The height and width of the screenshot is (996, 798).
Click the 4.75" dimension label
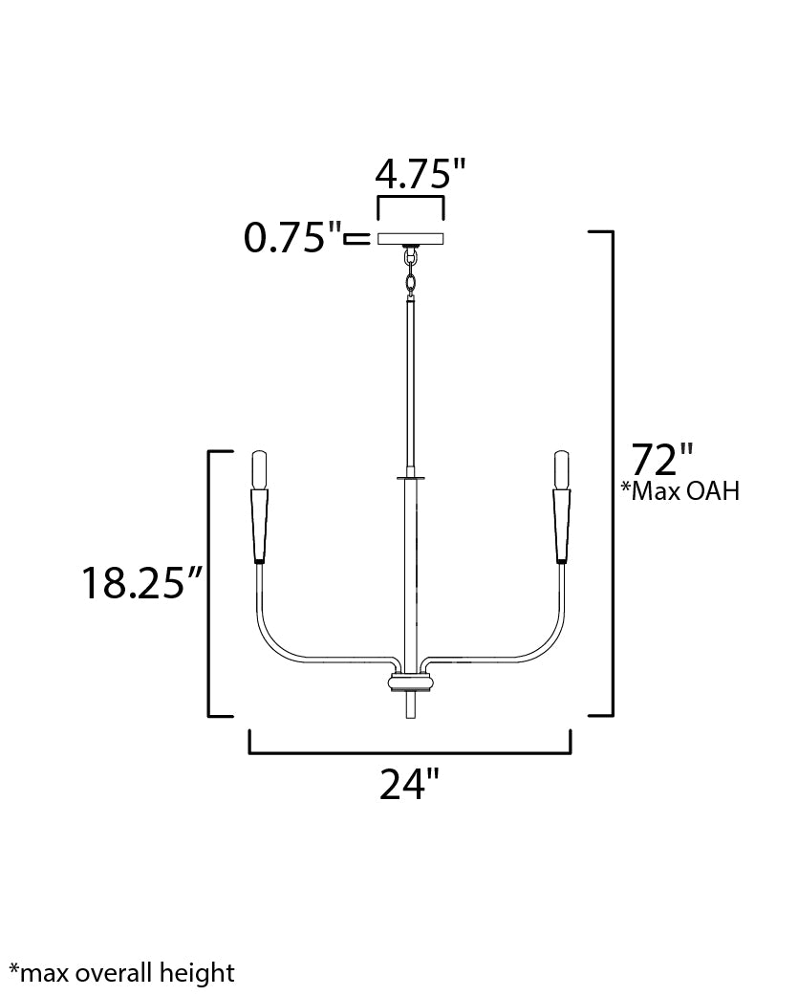pyautogui.click(x=420, y=175)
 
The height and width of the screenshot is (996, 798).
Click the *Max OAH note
pyautogui.click(x=679, y=492)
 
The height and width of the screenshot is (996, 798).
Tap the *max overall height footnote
pyautogui.click(x=121, y=973)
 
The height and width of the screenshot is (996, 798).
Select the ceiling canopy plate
pyautogui.click(x=411, y=238)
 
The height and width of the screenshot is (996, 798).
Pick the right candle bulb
pyautogui.click(x=562, y=469)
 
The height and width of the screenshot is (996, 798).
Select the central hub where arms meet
pyautogui.click(x=410, y=683)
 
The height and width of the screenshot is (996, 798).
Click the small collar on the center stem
pyautogui.click(x=410, y=475)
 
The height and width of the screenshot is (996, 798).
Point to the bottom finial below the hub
pyautogui.click(x=410, y=708)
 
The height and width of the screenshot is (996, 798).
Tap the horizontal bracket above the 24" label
pyautogui.click(x=410, y=752)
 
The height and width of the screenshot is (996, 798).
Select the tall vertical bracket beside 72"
pyautogui.click(x=610, y=473)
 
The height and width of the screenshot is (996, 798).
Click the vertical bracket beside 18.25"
pyautogui.click(x=210, y=582)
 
